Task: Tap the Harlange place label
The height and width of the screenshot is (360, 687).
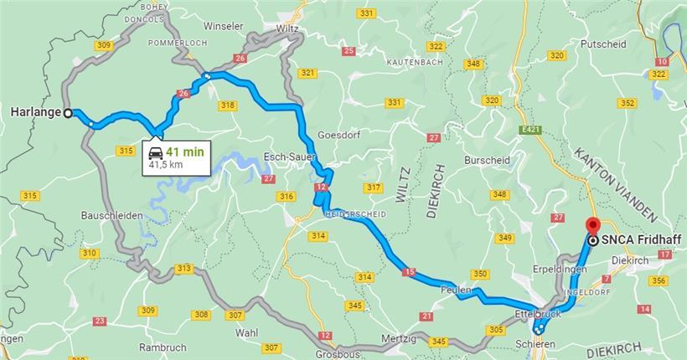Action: (x=34, y=112)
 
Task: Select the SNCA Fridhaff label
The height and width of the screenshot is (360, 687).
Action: (x=635, y=240)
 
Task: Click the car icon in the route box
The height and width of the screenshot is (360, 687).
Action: (x=155, y=152)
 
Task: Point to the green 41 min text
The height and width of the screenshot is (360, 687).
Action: (x=185, y=152)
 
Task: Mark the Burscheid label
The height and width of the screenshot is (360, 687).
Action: (x=486, y=157)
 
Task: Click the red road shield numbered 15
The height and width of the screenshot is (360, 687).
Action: (x=409, y=271)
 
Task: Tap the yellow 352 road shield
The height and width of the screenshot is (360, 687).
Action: (x=627, y=103)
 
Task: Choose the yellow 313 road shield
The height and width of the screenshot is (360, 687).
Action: (x=184, y=268)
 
